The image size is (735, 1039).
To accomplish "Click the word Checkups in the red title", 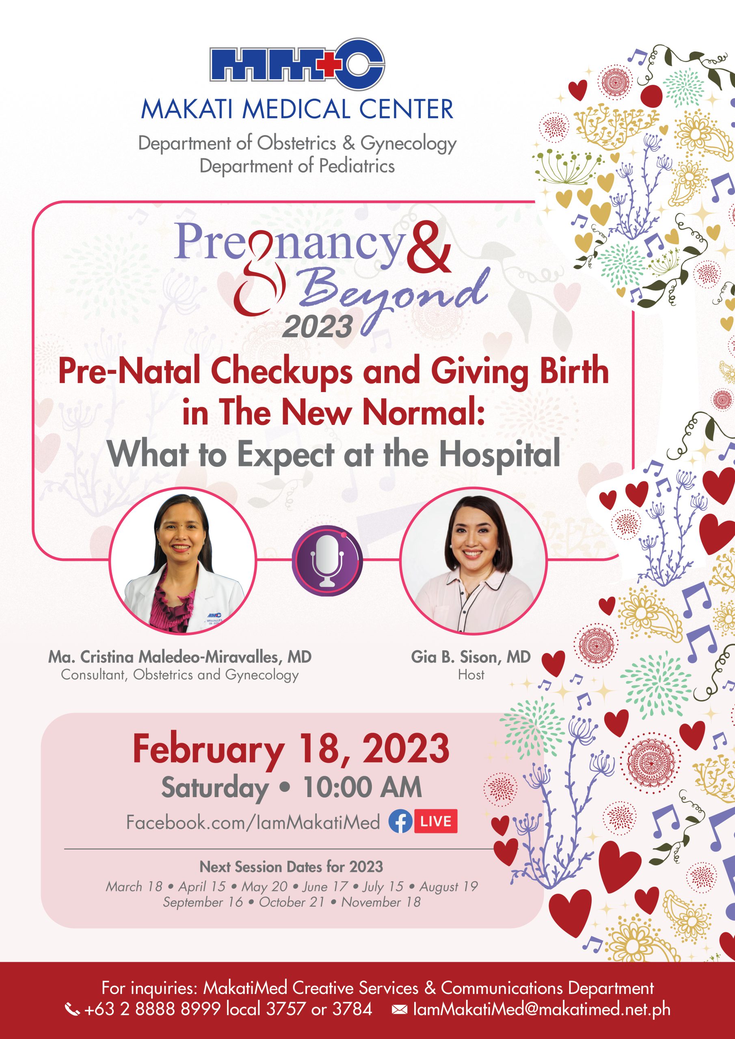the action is pyautogui.click(x=281, y=371).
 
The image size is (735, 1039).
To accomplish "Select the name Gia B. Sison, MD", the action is pyautogui.click(x=471, y=657).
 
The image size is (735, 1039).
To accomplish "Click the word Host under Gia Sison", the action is pyautogui.click(x=471, y=675).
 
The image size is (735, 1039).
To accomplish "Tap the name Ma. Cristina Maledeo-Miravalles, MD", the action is pyautogui.click(x=180, y=657).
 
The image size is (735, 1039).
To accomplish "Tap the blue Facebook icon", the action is pyautogui.click(x=400, y=821).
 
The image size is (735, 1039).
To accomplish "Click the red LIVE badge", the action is pyautogui.click(x=436, y=821).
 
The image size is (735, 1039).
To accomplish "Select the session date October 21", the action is pyautogui.click(x=292, y=902).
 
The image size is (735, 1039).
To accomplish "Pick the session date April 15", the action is pyautogui.click(x=202, y=886).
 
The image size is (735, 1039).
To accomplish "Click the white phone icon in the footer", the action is pyautogui.click(x=72, y=1009).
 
